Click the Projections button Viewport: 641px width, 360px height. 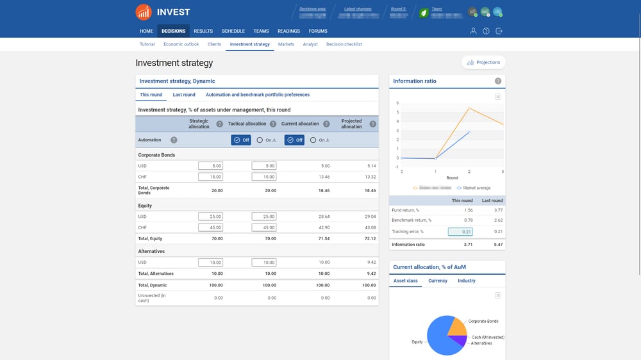[483, 62]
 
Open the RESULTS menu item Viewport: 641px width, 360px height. [203, 31]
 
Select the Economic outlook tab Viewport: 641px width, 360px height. [181, 44]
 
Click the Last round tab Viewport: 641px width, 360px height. [184, 95]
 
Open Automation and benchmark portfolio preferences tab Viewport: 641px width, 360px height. [258, 95]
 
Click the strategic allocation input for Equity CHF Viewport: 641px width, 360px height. [210, 227]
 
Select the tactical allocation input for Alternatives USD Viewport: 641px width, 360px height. [264, 262]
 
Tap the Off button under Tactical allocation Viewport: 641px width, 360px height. [241, 140]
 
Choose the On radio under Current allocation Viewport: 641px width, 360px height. [313, 140]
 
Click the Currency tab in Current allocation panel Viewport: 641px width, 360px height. [438, 281]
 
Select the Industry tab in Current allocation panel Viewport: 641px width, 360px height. [467, 281]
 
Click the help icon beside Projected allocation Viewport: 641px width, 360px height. [372, 124]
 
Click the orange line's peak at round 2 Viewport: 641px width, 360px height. [469, 108]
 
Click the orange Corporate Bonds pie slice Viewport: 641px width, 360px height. [456, 326]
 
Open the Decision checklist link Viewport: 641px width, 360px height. [344, 44]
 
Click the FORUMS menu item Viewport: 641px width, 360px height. [318, 31]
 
